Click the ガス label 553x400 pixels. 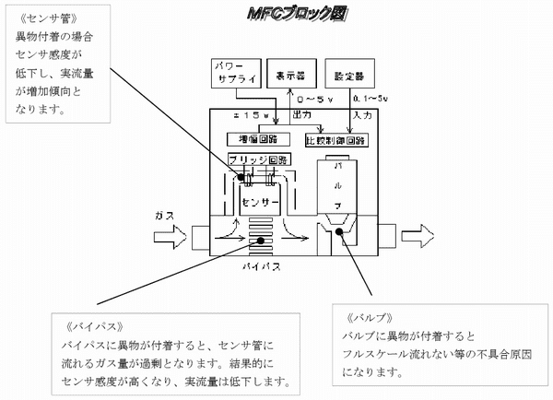click(x=165, y=215)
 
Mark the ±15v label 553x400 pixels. click(x=252, y=115)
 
